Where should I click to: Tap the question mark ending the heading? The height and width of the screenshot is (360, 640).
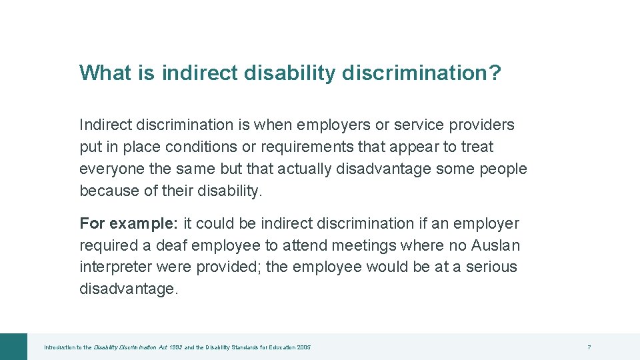coord(495,73)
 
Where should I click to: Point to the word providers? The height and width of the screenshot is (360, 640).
coord(482,125)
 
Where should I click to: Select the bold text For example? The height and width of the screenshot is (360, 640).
coord(129,223)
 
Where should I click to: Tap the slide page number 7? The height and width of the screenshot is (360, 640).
coord(589,347)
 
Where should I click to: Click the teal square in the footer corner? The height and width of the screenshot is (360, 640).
coord(13,347)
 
